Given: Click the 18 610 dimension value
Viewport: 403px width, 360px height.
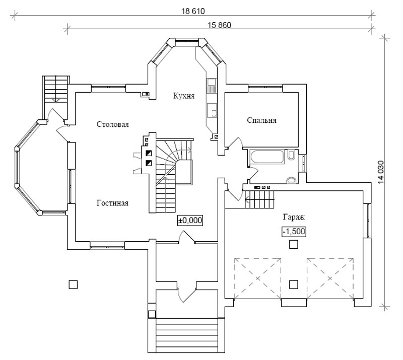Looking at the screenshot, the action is click(193, 11).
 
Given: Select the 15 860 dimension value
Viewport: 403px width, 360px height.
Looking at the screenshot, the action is click(219, 25).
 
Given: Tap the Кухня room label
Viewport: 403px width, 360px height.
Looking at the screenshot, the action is click(184, 96).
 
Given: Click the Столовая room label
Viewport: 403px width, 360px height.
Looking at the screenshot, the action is click(112, 124).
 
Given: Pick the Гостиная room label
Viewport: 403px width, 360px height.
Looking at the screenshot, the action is click(112, 203).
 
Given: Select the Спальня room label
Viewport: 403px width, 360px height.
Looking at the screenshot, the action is click(261, 120).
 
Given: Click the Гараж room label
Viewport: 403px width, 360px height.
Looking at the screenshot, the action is click(294, 217).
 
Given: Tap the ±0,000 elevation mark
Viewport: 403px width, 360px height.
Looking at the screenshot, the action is click(190, 221).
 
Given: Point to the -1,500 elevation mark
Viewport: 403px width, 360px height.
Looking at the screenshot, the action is click(294, 232).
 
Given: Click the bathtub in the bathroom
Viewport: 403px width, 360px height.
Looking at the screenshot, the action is click(267, 157).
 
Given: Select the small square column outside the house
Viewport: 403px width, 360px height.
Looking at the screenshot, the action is click(73, 284).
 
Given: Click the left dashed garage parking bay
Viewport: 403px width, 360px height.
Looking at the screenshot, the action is click(257, 278).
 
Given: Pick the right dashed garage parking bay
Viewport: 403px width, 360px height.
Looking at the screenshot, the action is click(330, 278).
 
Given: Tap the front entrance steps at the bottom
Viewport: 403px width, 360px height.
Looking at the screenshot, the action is click(186, 335).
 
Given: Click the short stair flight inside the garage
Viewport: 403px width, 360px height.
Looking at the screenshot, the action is click(259, 199).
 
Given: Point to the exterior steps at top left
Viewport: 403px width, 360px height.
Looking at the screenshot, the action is click(56, 89).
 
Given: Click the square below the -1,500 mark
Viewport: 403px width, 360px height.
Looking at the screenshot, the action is click(294, 244).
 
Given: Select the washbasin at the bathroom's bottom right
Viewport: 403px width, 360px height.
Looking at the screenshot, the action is click(291, 180).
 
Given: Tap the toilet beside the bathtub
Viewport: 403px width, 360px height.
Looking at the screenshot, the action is click(291, 156).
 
